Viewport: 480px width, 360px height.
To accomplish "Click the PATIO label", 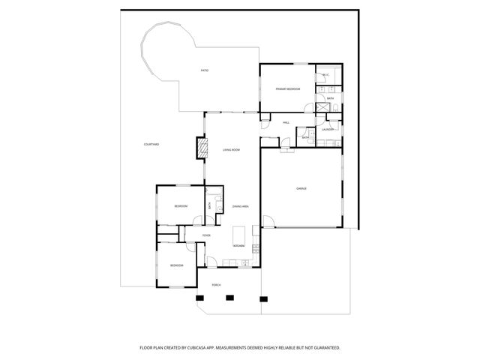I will click(x=204, y=70).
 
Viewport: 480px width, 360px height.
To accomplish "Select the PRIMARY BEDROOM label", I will click(x=287, y=88).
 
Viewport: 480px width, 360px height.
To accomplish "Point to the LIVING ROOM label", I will click(x=231, y=150).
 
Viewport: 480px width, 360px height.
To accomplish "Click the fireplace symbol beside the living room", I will click(x=200, y=147).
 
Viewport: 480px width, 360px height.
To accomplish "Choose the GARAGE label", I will click(x=301, y=188).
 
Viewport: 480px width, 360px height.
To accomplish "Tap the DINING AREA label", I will click(x=240, y=206).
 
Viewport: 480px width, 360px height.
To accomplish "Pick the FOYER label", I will click(x=206, y=235).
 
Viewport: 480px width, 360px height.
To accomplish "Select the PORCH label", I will click(x=216, y=286).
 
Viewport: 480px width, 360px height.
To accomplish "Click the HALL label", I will click(x=286, y=122).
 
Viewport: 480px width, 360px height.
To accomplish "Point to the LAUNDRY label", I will click(x=328, y=129).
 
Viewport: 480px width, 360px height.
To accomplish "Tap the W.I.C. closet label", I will click(x=326, y=75).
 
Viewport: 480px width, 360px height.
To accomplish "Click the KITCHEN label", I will click(x=238, y=246).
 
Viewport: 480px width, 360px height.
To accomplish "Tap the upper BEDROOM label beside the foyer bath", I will click(x=181, y=206).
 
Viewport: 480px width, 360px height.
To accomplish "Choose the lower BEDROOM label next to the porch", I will click(x=176, y=265).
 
